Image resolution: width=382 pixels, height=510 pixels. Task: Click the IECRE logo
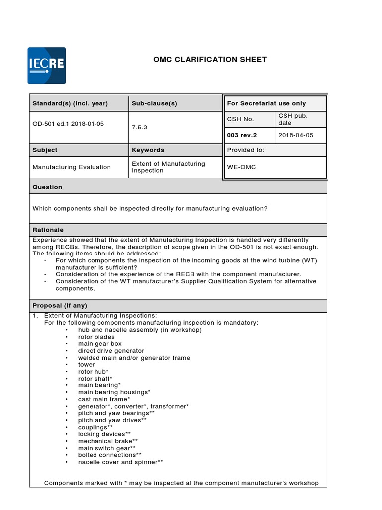tap(46, 65)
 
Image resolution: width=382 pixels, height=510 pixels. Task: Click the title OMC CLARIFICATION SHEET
tap(210, 60)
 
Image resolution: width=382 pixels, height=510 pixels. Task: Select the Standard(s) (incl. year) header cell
tap(70, 104)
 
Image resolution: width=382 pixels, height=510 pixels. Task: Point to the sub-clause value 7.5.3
tap(139, 127)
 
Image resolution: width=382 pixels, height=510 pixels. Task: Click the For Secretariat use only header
tap(267, 104)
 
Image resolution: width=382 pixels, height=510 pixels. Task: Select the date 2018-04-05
tap(296, 135)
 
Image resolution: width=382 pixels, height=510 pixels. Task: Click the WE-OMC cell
tap(242, 167)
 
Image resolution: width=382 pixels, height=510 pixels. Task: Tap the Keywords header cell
tap(148, 150)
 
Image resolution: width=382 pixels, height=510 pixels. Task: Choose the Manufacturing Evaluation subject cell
tap(72, 167)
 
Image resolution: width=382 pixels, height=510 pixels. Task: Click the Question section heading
tap(47, 187)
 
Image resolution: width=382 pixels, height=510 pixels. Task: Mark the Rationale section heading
tap(48, 230)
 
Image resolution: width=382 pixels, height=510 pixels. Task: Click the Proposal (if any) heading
tap(60, 305)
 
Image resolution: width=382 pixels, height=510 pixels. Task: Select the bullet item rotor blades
tap(96, 337)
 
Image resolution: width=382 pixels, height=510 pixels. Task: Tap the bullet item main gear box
tap(99, 344)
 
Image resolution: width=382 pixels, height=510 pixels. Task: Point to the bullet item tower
tap(86, 365)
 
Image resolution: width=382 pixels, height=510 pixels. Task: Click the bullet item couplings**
tap(95, 427)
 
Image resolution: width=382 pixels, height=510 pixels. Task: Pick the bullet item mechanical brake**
tap(107, 441)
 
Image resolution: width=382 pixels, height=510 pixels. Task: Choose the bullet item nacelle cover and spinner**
tap(120, 462)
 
